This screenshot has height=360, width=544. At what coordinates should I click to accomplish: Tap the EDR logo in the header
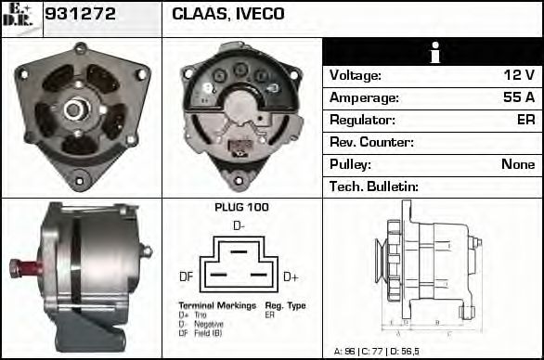pos(20,17)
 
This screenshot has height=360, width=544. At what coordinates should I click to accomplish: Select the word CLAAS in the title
pos(198,14)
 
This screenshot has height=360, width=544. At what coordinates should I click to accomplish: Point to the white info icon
pos(433,53)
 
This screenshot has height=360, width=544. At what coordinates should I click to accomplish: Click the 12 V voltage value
pos(517,75)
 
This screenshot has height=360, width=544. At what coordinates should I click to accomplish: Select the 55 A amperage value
pos(517,97)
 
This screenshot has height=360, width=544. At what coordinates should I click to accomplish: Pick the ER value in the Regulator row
pos(525,120)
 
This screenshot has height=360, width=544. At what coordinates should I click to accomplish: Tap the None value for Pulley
pos(518,164)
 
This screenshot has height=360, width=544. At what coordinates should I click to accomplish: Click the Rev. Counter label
pos(371,142)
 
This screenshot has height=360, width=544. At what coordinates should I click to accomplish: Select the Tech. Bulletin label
pos(374,186)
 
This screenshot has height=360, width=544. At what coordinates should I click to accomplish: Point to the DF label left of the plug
pos(186,276)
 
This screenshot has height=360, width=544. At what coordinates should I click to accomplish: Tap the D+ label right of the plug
pos(290,276)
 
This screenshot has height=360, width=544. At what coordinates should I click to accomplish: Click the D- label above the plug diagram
pos(239,225)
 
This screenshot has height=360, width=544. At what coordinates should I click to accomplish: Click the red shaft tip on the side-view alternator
pos(18,268)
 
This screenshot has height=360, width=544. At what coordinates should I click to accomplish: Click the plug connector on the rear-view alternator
pos(239,147)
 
